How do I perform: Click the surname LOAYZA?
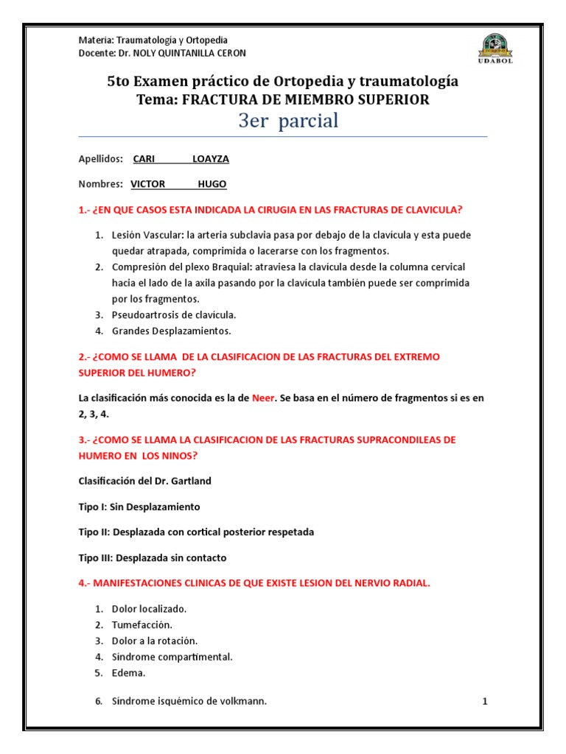pyautogui.click(x=210, y=159)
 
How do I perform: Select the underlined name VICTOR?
pyautogui.click(x=148, y=184)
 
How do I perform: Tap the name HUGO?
pyautogui.click(x=212, y=184)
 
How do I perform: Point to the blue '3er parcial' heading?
pyautogui.click(x=288, y=121)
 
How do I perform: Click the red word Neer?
pyautogui.click(x=262, y=398)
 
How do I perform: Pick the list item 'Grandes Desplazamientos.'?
pyautogui.click(x=161, y=331)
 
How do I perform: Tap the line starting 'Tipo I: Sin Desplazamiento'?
pyautogui.click(x=139, y=507)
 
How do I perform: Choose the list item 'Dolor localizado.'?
pyautogui.click(x=149, y=609)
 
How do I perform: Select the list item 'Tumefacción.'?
pyautogui.click(x=141, y=624)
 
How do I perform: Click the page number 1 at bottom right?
pyautogui.click(x=485, y=702)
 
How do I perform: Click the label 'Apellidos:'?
pyautogui.click(x=100, y=159)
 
